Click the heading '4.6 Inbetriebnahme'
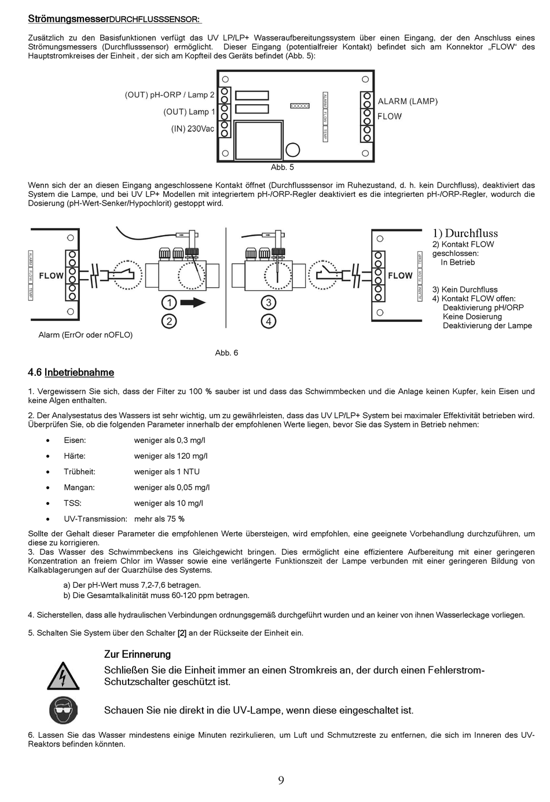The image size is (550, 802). point(71,373)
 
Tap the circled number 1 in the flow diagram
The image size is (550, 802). point(168,303)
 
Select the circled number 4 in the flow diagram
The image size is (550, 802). point(268,321)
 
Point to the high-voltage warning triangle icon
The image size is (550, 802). point(63,675)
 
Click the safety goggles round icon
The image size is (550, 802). point(63,710)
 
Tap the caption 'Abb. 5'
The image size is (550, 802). point(283,167)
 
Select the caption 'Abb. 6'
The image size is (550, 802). point(226,353)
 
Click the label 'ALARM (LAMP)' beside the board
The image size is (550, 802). point(408,101)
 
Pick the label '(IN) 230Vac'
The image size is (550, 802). point(192,129)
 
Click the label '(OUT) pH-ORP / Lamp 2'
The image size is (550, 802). point(170,95)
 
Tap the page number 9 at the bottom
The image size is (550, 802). point(281,781)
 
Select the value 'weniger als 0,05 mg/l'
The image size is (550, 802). point(172,488)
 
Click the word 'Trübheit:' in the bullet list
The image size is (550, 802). point(79,472)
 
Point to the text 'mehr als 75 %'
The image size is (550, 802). point(159,519)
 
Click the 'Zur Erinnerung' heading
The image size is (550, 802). point(137,655)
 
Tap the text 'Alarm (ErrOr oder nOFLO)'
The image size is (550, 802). point(86,335)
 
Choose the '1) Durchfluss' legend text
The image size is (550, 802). point(465,233)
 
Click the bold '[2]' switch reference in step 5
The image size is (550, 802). point(182,633)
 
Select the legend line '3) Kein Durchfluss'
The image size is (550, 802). point(465,290)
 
